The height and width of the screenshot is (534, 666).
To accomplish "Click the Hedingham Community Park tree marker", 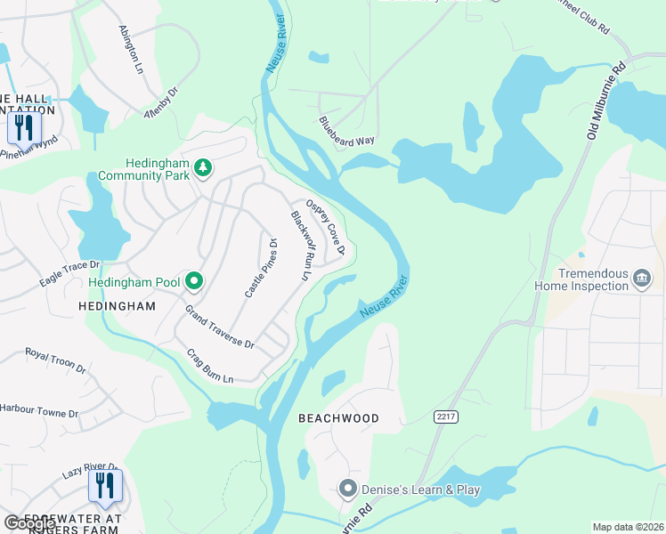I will pyautogui.click(x=204, y=167).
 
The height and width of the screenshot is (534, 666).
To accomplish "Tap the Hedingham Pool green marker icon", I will pyautogui.click(x=194, y=282).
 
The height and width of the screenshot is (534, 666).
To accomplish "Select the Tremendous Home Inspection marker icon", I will pyautogui.click(x=641, y=280).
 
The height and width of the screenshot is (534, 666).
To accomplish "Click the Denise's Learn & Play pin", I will pyautogui.click(x=347, y=489).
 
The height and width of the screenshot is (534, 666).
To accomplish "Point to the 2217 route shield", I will pyautogui.click(x=445, y=417).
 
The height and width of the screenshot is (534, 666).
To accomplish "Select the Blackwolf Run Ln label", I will pyautogui.click(x=300, y=246).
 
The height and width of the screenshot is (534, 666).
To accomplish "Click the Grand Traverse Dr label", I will pyautogui.click(x=219, y=327).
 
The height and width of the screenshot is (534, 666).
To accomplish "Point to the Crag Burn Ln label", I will pyautogui.click(x=209, y=365).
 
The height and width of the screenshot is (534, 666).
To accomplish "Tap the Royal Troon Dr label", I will pyautogui.click(x=55, y=360).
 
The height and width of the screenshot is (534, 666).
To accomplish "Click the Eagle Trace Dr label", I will pyautogui.click(x=69, y=273).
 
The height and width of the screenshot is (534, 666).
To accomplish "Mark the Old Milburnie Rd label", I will pyautogui.click(x=606, y=101).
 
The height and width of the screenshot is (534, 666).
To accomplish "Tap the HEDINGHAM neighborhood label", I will pyautogui.click(x=117, y=305).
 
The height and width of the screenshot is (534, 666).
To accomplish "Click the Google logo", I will pyautogui.click(x=29, y=522).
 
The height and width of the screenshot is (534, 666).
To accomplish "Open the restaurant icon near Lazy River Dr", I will pyautogui.click(x=105, y=485).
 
